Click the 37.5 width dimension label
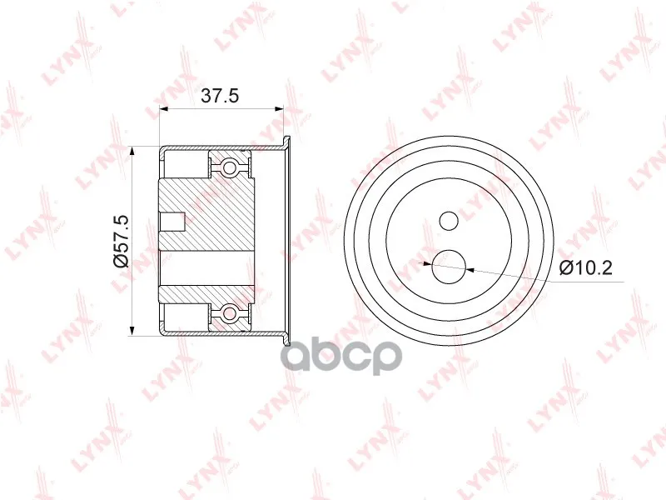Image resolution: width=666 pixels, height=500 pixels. [220, 96]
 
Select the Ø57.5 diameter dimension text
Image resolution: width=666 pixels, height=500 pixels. [121, 241]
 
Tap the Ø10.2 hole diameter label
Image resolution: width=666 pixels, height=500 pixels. [586, 267]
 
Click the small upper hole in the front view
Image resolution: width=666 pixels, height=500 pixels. [449, 221]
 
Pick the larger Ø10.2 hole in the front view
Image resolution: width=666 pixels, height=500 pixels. [449, 267]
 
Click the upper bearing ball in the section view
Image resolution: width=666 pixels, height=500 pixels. [230, 166]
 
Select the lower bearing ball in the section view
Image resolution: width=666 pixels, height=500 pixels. [230, 314]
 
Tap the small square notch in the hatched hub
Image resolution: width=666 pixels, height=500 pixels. [172, 221]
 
